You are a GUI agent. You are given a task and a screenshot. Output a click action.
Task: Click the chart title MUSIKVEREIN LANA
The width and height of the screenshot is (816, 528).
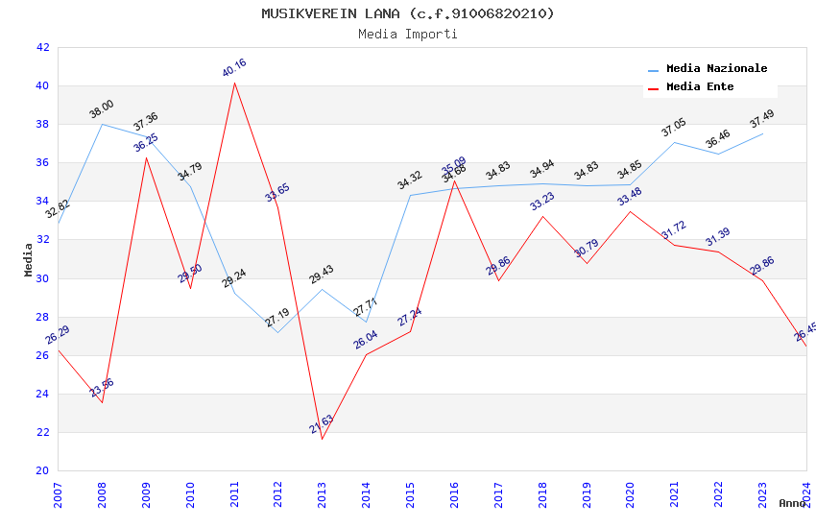408,13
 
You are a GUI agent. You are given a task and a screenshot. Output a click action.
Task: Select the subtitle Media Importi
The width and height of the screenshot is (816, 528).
408,34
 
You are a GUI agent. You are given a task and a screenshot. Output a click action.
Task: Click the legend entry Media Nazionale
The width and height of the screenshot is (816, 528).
716,69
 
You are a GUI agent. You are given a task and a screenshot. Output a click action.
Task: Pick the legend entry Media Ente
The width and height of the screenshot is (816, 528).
699,86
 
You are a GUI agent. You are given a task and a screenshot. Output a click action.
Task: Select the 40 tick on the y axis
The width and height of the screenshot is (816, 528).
42,85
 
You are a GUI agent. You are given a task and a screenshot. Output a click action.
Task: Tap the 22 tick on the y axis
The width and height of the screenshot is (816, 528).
42,432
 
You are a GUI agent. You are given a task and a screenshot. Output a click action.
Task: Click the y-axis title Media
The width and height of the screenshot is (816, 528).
29,259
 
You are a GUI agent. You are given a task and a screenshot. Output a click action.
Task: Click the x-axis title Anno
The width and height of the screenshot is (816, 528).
792,503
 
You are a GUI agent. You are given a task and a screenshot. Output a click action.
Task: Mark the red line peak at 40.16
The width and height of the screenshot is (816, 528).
234,83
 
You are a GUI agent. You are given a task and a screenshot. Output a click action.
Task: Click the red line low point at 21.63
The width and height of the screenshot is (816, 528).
322,440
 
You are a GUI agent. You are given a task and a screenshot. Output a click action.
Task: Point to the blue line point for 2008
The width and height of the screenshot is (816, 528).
102,124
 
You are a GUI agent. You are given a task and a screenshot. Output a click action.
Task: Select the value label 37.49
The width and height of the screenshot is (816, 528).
761,119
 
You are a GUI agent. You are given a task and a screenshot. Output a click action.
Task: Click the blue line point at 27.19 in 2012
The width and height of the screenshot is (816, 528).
277,332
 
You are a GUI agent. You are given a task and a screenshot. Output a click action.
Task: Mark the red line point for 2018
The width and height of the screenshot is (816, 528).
542,216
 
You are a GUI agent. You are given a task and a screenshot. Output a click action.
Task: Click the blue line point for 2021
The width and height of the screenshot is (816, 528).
674,142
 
